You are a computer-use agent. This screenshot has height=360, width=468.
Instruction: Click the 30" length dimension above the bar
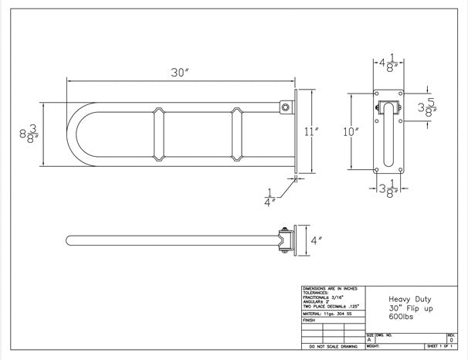coord(181,72)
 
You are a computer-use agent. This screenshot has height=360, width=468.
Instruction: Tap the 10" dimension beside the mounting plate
coord(352,131)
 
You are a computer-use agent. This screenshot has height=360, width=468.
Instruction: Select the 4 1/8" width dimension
coord(387,61)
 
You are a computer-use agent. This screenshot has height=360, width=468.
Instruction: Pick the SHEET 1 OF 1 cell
coord(443,348)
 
